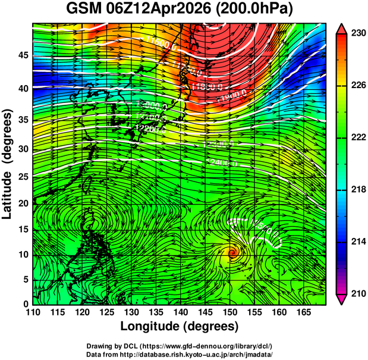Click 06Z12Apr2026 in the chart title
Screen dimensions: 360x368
pos(163,10)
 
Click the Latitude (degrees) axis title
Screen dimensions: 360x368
pos(8,164)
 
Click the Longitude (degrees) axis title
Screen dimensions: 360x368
pos(180,327)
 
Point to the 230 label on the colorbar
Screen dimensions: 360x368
pos(357,34)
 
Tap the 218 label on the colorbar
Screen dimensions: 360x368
pos(357,189)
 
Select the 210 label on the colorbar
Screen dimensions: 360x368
pos(357,293)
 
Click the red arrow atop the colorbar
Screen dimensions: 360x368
pos(342,28)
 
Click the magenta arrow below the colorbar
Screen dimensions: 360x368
pos(342,299)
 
